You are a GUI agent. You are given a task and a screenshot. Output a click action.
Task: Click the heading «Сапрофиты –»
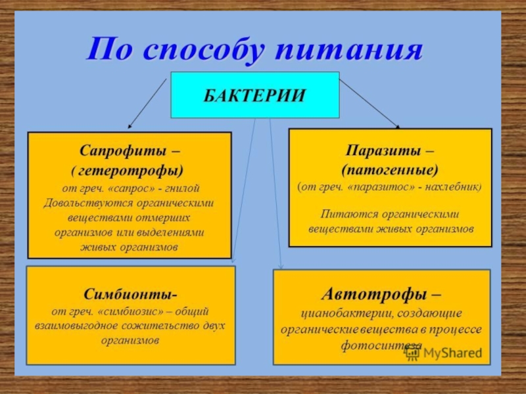[x=129, y=150]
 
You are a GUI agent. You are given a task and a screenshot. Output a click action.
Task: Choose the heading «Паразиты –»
[x=390, y=150]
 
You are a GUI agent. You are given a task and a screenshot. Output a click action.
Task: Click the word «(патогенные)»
[x=390, y=169]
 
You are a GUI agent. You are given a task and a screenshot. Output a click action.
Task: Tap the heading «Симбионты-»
[x=130, y=293]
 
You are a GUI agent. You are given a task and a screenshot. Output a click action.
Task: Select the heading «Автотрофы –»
[x=381, y=292]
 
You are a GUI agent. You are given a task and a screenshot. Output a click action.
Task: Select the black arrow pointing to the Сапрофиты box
[x=147, y=104]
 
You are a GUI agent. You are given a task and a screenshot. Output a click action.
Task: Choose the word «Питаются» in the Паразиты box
[x=343, y=214]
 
